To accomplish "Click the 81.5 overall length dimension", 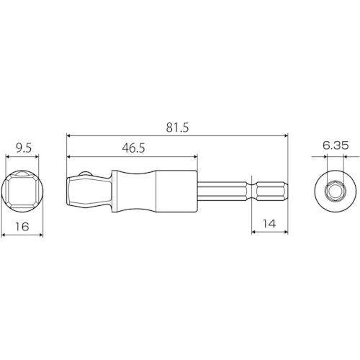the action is coord(177,127).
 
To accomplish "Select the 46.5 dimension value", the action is coord(133,148).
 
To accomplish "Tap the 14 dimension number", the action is coord(269,224).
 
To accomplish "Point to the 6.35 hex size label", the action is coord(336,145).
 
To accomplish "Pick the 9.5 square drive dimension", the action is coord(24,148).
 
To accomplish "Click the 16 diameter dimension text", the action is coord(22,227).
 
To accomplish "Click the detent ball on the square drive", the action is coord(85,174).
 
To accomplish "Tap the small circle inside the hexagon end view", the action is coord(334,192).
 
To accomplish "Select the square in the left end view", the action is coord(22,192).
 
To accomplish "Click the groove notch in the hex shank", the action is coord(252,192).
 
